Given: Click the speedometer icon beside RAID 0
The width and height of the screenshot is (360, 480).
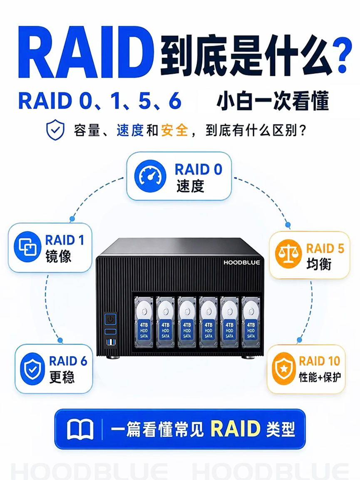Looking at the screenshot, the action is tap(150, 176).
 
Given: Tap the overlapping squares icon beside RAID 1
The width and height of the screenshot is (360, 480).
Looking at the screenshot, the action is tap(27, 246).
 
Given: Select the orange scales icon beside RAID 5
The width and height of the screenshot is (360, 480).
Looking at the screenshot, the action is tap(288, 254).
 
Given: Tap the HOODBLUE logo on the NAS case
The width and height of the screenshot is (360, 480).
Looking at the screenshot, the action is tap(242, 262).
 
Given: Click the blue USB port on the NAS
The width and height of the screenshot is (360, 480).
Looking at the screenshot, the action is tap(110, 343).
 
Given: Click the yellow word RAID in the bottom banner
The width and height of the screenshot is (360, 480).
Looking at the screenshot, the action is tap(235, 429).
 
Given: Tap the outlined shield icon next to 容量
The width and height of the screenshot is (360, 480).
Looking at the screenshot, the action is tap(55, 130).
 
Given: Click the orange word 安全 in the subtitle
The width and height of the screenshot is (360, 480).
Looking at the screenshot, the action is tap(174, 131).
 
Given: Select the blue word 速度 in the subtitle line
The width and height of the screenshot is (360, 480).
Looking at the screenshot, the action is tap(130, 131).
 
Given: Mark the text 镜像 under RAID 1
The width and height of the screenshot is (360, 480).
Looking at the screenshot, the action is tap(58, 257).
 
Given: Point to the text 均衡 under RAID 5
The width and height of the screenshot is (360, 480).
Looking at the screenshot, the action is tap(319, 264).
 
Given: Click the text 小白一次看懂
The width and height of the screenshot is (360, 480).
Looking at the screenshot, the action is tap(273, 101).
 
